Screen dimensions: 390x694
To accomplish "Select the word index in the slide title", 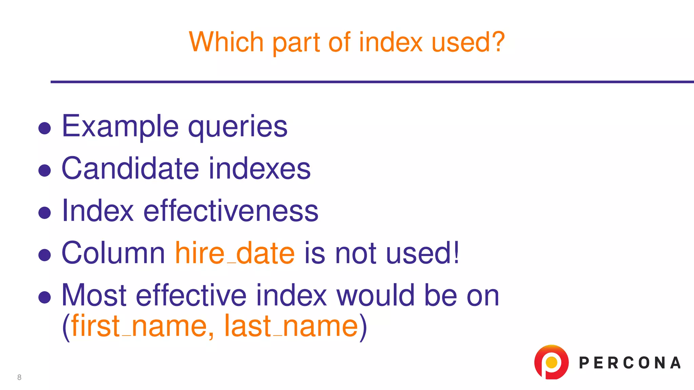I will point(391,42).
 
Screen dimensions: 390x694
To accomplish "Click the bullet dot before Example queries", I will point(44,128).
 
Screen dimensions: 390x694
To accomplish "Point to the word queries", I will point(238,127).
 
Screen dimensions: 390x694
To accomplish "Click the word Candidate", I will point(130,168).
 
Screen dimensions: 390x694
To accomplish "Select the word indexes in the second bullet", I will point(260,168).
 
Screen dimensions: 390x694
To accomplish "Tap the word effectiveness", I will point(231,211).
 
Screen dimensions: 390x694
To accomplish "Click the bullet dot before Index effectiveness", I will point(44,213).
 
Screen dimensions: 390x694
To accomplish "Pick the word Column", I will point(113,253).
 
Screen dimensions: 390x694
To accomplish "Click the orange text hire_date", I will point(234,253).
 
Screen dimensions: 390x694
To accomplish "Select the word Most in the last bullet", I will point(94,295).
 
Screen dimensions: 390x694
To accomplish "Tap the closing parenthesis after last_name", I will point(363,326).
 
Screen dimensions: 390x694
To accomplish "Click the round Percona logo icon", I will point(551,362).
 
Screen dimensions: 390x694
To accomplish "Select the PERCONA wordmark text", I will point(630,363).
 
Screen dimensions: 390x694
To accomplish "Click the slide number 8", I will point(19,377).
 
